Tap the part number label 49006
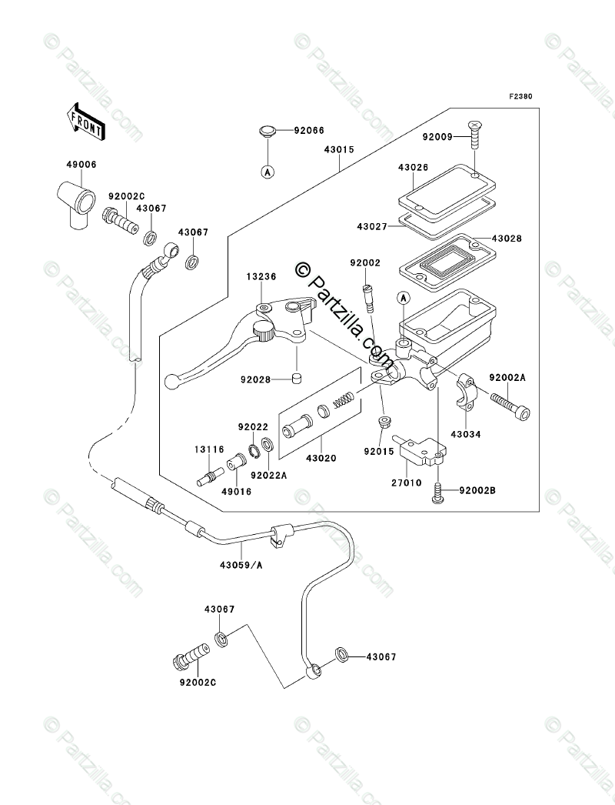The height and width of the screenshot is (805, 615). pyautogui.click(x=81, y=165)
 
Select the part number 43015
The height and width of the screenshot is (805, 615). pyautogui.click(x=339, y=150)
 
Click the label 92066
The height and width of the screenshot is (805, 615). pyautogui.click(x=309, y=130)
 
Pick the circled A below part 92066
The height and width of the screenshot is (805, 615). pyautogui.click(x=268, y=172)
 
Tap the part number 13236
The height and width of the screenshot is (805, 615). pyautogui.click(x=261, y=277)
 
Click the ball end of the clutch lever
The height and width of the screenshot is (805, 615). pyautogui.click(x=171, y=381)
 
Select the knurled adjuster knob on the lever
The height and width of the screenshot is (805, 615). pyautogui.click(x=263, y=331)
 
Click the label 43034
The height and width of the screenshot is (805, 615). pyautogui.click(x=466, y=434)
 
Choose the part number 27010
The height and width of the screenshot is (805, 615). pyautogui.click(x=406, y=483)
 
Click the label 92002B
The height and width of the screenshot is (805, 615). pyautogui.click(x=477, y=490)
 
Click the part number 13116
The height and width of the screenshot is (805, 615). pyautogui.click(x=209, y=449)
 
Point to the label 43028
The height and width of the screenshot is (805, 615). pyautogui.click(x=507, y=239)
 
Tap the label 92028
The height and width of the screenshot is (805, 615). pyautogui.click(x=255, y=380)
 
